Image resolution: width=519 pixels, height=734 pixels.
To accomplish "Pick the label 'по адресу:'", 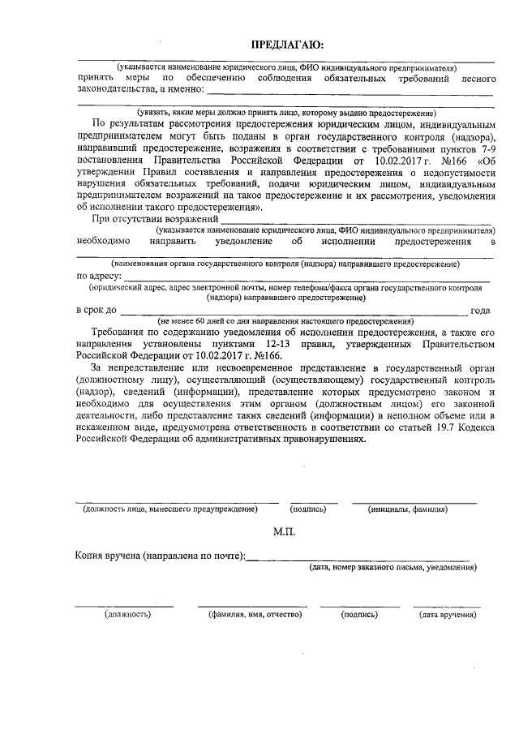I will (99, 276).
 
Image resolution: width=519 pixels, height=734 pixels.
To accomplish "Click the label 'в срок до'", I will (97, 311).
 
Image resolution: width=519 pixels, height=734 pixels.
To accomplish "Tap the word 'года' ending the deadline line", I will (481, 311).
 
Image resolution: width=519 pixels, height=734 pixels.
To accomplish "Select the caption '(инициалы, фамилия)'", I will (407, 509).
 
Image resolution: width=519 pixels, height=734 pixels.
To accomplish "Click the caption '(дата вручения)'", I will (447, 615).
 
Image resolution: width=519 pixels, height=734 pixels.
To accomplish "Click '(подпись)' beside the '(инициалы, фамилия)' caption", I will (308, 509).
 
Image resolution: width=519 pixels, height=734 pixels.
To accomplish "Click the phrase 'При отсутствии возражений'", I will (156, 219).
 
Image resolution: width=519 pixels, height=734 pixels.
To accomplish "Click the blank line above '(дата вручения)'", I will (447, 606).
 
